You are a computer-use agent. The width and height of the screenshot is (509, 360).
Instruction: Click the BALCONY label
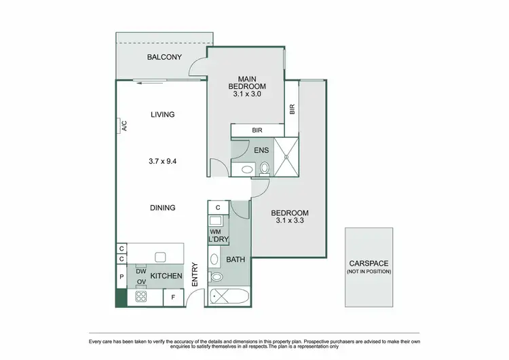pyautogui.click(x=164, y=57)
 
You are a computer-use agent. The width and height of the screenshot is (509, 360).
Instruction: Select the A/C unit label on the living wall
pyautogui.click(x=124, y=126)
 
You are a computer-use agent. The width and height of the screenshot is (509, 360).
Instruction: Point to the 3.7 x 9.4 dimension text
pyautogui.click(x=163, y=162)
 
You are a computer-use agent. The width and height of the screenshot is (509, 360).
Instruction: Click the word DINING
pyautogui.click(x=163, y=208)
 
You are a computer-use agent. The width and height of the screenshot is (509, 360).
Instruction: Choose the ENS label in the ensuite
pyautogui.click(x=261, y=149)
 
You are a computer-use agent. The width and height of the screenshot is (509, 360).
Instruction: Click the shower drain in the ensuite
pyautogui.click(x=287, y=157)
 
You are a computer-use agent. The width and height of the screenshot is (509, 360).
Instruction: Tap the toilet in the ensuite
pyautogui.click(x=264, y=167)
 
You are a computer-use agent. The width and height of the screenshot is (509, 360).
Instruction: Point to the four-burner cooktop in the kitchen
pyautogui.click(x=141, y=296)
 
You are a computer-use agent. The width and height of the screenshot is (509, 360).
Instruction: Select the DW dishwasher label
pyautogui.click(x=141, y=270)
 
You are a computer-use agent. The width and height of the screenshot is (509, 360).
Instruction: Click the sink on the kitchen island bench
pyautogui.click(x=160, y=257)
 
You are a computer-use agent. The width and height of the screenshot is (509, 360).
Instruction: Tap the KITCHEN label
pyautogui.click(x=166, y=276)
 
